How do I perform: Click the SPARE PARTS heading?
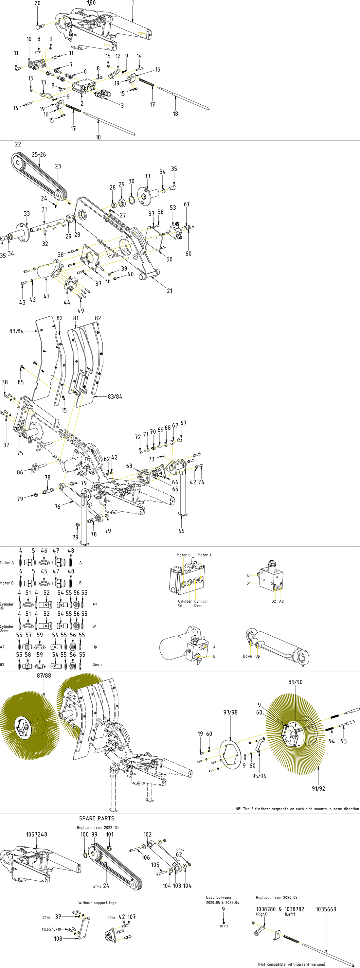[97, 818]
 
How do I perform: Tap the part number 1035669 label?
[326, 909]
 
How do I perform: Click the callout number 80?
[92, 3]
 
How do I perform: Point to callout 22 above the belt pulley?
[18, 144]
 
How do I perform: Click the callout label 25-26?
[39, 154]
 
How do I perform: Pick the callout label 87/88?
[44, 675]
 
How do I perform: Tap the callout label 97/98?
[230, 712]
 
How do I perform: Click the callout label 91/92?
[318, 788]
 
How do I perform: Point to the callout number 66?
[181, 531]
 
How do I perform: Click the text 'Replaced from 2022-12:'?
[98, 827]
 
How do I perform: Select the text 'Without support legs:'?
[98, 902]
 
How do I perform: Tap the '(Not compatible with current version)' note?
[292, 964]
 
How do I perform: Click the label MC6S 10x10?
[51, 929]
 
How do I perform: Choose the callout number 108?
[58, 938]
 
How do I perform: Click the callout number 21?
[170, 290]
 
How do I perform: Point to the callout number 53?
[173, 207]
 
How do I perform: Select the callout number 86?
[20, 472]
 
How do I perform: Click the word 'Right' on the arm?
[141, 33]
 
